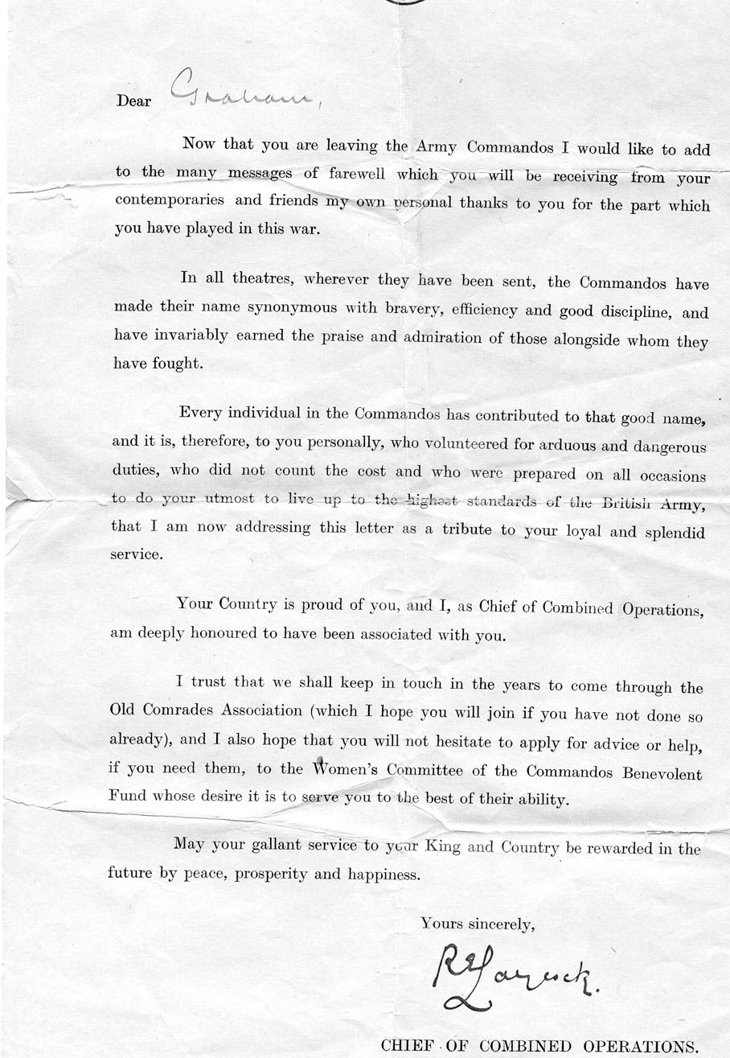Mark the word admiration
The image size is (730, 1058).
[441, 336]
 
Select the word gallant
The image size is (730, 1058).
[275, 846]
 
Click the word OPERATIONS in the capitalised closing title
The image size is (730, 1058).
[638, 1046]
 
